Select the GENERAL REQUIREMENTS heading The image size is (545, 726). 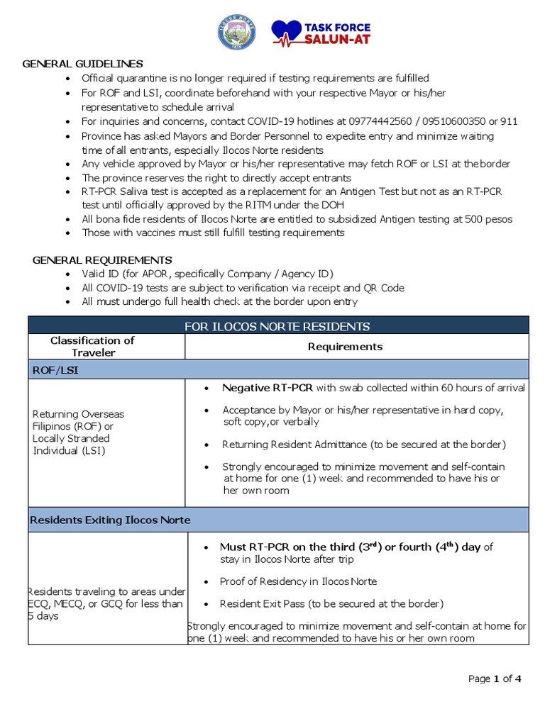102,260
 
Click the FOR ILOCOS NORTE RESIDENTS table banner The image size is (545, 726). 277,326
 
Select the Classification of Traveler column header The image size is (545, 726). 92,347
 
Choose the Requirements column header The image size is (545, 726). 345,347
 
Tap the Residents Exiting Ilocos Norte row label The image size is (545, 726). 110,520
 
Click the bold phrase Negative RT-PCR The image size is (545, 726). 268,388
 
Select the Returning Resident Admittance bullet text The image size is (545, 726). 363,445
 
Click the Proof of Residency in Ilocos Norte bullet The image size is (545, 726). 298,581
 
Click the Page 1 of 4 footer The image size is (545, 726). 495,678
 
